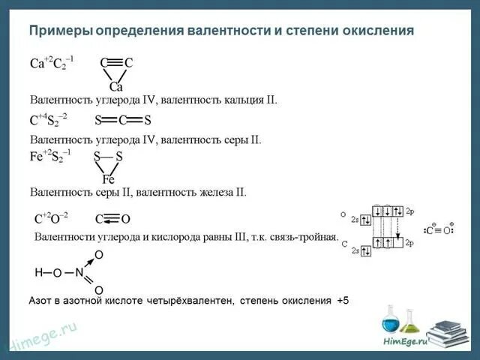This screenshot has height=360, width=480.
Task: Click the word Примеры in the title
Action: (x=61, y=31)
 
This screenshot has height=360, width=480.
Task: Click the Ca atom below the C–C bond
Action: (x=115, y=87)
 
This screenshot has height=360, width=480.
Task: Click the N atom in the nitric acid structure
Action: (x=79, y=272)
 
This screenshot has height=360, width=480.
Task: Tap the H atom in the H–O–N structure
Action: (x=39, y=272)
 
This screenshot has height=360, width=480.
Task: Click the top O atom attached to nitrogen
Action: (x=99, y=256)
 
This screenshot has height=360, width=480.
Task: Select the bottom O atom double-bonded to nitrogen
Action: (x=99, y=290)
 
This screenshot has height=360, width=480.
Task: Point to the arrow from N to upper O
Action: (x=88, y=263)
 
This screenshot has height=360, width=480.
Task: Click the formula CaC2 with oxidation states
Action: (x=52, y=63)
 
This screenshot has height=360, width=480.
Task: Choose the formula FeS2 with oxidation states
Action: (x=52, y=157)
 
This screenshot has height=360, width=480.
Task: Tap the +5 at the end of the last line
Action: (x=342, y=301)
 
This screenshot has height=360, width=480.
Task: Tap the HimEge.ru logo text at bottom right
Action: (x=405, y=341)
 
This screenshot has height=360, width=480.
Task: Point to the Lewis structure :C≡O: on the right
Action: (x=438, y=230)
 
